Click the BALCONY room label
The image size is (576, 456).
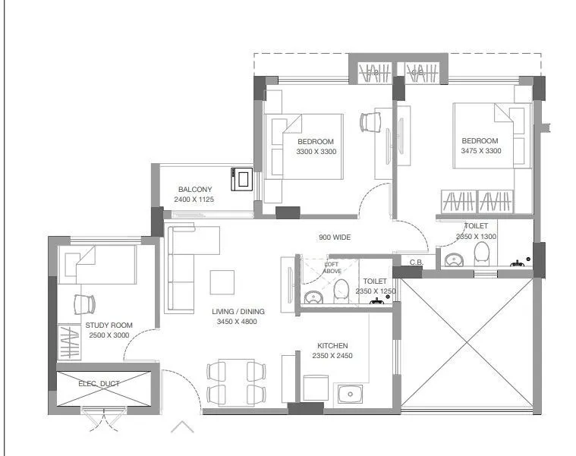pyautogui.click(x=194, y=189)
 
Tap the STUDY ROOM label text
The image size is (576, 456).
pyautogui.click(x=109, y=325)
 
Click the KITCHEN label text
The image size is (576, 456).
pyautogui.click(x=332, y=345)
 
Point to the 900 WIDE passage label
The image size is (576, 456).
pyautogui.click(x=334, y=237)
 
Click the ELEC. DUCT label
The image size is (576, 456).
pyautogui.click(x=99, y=383)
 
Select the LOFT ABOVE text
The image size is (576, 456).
pyautogui.click(x=332, y=267)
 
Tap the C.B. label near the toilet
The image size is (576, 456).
pyautogui.click(x=416, y=263)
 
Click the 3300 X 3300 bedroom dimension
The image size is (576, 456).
pyautogui.click(x=316, y=152)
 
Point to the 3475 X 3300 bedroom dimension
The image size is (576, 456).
pyautogui.click(x=480, y=151)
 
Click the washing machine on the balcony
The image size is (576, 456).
pyautogui.click(x=244, y=179)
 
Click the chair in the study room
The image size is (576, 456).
pyautogui.click(x=83, y=303)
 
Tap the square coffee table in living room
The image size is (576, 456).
pyautogui.click(x=222, y=281)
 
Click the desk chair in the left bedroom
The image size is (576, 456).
pyautogui.click(x=370, y=121)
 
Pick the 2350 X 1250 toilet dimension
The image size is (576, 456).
pyautogui.click(x=375, y=291)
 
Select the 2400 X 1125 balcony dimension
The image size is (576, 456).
pyautogui.click(x=194, y=200)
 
